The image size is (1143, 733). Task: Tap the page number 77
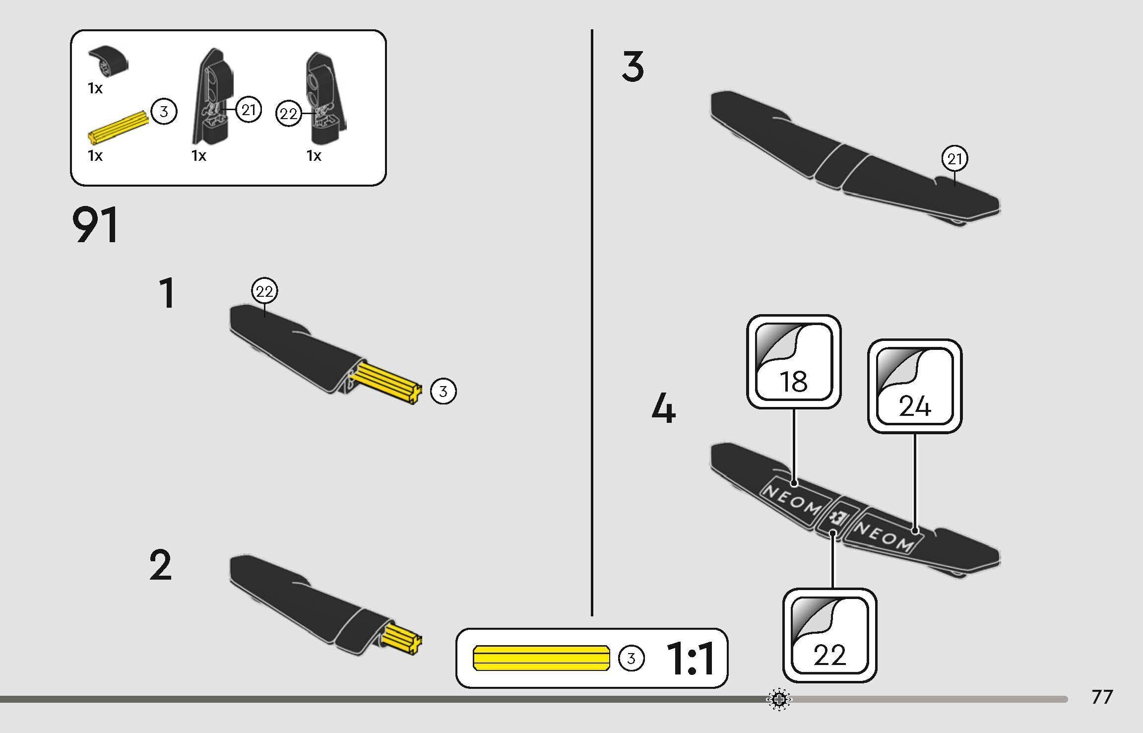(x=1102, y=697)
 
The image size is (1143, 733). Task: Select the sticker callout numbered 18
(x=794, y=362)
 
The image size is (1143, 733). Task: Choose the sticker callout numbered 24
(x=915, y=386)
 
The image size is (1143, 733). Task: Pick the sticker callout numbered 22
(x=830, y=635)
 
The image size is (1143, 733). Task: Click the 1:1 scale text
(x=690, y=659)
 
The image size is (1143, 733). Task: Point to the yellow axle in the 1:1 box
(x=542, y=658)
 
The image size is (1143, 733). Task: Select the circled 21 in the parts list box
(x=248, y=110)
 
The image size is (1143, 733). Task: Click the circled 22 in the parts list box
(x=289, y=115)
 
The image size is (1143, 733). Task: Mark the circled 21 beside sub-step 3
(x=954, y=159)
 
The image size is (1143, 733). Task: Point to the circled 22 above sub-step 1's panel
(x=264, y=291)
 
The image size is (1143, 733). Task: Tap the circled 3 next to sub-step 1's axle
(x=443, y=392)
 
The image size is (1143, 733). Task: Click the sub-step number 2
(x=160, y=565)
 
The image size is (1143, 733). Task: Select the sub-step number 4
(x=663, y=408)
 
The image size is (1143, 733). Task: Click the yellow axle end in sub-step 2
(x=403, y=639)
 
